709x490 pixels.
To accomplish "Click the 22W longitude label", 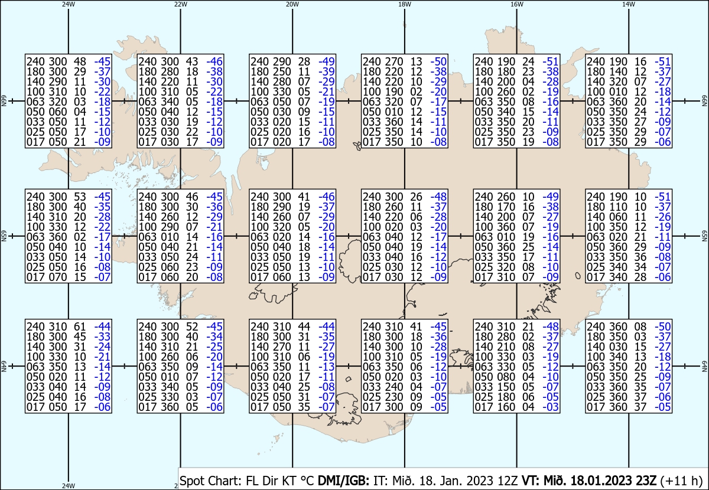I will click(181, 4).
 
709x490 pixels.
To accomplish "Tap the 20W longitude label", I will click(292, 4).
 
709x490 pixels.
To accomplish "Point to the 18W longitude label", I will click(404, 4).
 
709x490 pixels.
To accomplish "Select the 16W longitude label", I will click(516, 4).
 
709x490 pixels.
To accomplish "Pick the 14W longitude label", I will click(629, 4).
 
